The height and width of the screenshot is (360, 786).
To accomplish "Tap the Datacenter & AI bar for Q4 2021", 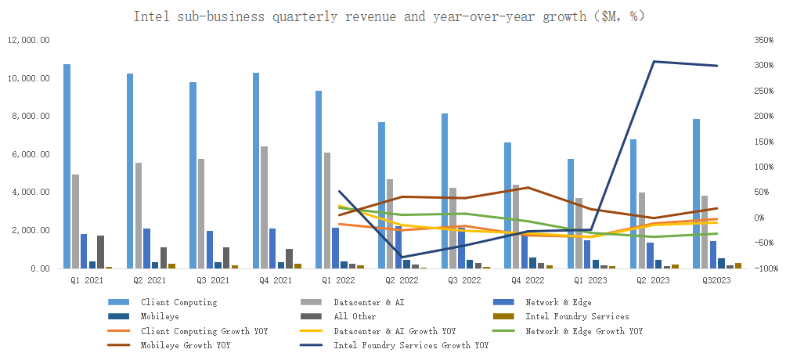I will click(x=265, y=207).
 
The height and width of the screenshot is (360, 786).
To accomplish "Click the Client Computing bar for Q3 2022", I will click(x=445, y=191).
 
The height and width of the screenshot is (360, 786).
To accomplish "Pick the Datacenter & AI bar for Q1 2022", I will click(x=327, y=211).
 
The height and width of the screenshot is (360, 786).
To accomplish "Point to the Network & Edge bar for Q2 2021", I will click(x=146, y=248).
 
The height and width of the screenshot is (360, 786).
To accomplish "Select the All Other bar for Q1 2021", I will click(x=101, y=251).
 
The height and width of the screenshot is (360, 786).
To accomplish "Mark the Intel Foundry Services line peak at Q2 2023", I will click(x=654, y=62).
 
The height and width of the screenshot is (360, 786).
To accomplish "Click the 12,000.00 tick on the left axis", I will click(x=28, y=41).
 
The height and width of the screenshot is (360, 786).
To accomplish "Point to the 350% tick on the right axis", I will click(x=761, y=41).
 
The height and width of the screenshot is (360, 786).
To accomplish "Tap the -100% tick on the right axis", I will click(x=761, y=268).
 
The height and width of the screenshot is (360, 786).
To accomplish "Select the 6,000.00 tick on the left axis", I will click(x=30, y=154).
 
